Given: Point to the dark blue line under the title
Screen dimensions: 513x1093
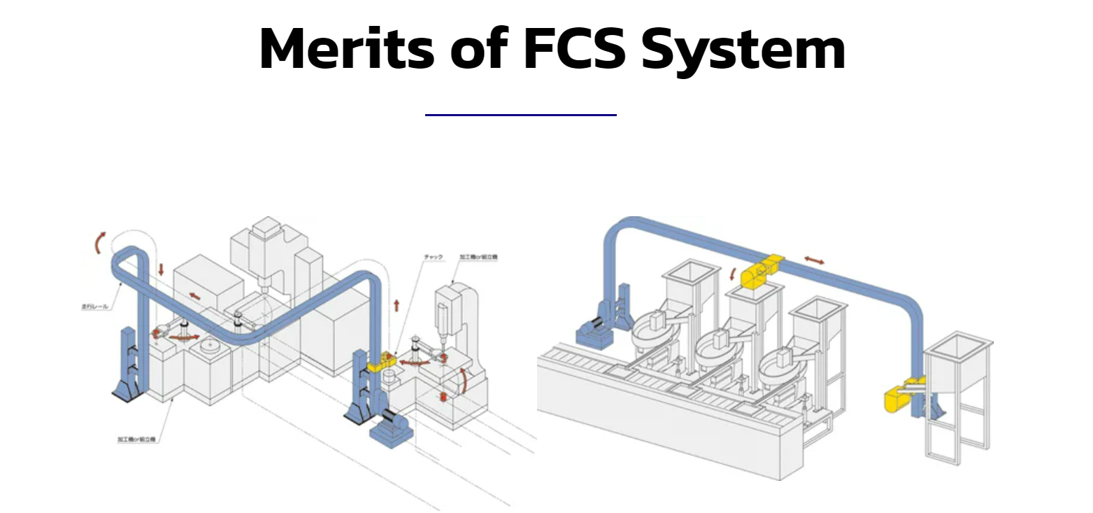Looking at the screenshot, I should (x=520, y=115).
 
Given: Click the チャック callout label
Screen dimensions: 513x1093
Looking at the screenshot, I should (x=434, y=258).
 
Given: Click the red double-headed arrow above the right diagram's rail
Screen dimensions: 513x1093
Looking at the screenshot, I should (x=813, y=260).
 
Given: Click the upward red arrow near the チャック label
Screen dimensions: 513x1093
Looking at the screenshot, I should (x=397, y=305).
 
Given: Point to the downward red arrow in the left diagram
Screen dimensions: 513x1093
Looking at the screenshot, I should (x=161, y=269).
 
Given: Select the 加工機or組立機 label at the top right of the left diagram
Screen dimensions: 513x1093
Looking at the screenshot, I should (x=478, y=258).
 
